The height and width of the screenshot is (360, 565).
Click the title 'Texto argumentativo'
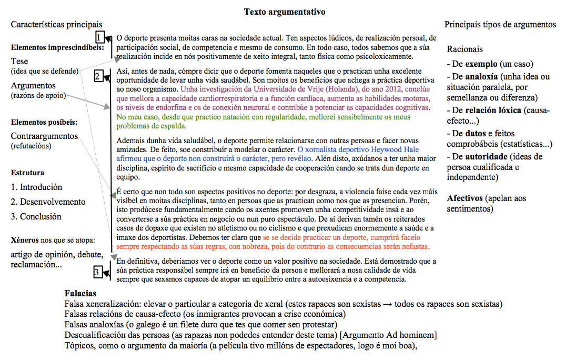tap(285, 12)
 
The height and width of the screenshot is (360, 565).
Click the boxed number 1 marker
tap(99, 37)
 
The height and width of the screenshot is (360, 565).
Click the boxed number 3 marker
tap(97, 272)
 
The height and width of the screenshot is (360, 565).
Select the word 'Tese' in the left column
tap(19, 61)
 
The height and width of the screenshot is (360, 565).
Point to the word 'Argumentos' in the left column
tap(33, 85)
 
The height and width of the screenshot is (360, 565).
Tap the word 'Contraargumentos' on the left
tap(44, 136)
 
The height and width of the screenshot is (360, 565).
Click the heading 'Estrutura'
tap(27, 173)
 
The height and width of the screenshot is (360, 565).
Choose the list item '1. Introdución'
tap(36, 187)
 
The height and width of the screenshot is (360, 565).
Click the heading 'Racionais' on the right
tap(465, 49)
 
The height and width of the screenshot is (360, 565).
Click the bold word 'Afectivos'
tap(465, 198)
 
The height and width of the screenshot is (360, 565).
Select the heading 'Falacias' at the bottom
tap(80, 294)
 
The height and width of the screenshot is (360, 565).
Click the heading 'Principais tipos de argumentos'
tap(500, 24)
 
